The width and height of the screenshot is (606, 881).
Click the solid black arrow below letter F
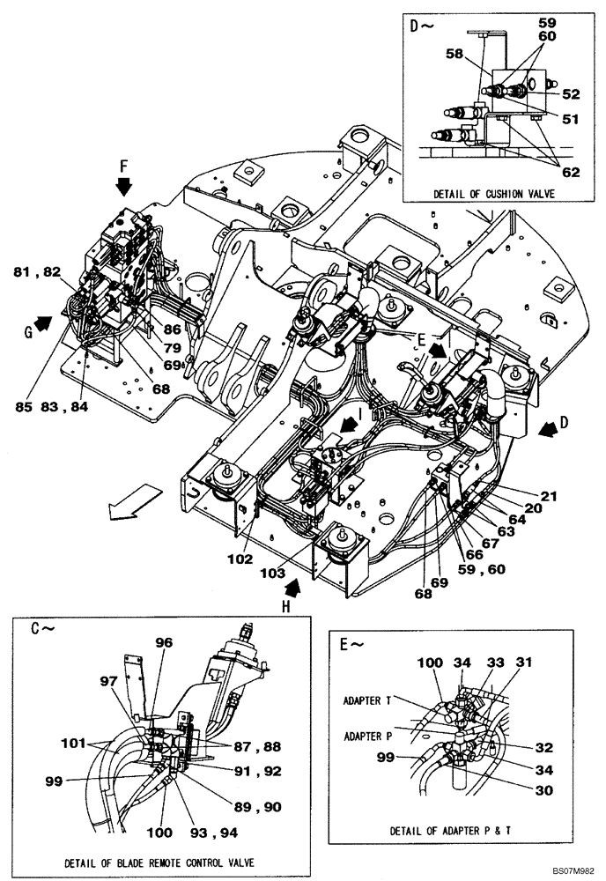point(123,186)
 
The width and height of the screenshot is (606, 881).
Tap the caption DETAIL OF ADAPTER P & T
point(453,830)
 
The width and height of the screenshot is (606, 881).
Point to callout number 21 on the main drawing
point(550,496)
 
